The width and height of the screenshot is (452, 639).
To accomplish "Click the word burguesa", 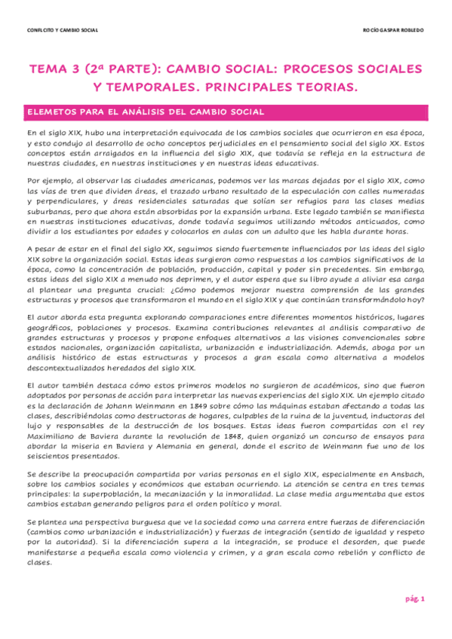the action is coord(121,521).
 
